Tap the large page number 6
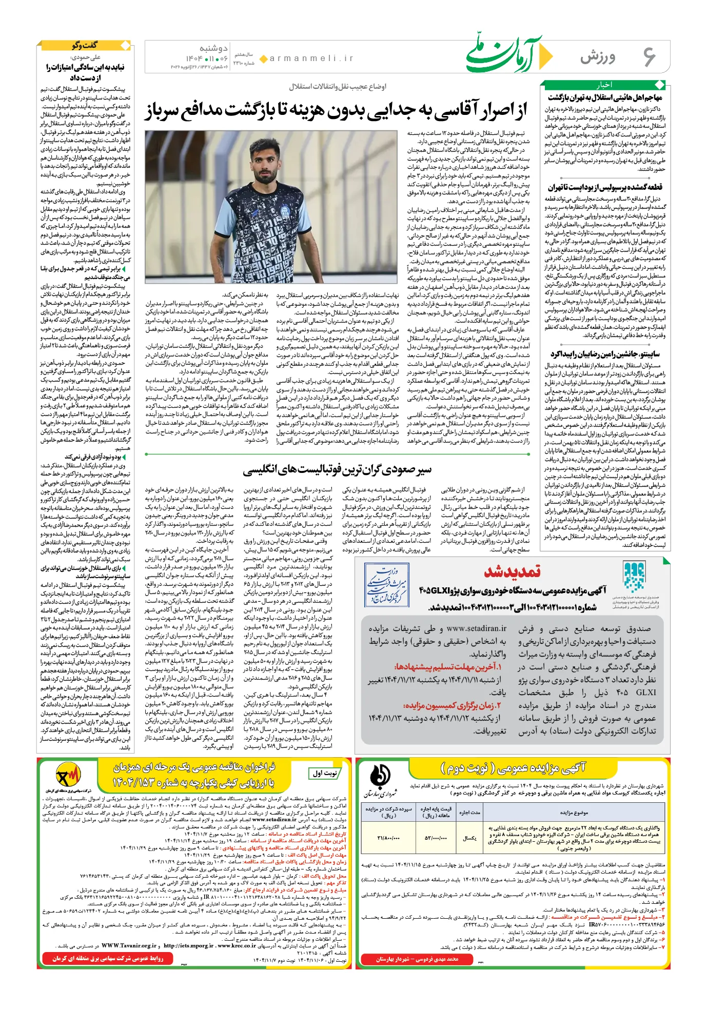pos(650,56)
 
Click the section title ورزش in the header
pos(598,56)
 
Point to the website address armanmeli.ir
pos(311,58)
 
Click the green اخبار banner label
pos(604,85)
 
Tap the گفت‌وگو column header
pos(85,46)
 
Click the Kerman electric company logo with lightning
pos(68,778)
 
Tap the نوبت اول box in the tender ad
pos(325,773)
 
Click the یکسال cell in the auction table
pos(469,838)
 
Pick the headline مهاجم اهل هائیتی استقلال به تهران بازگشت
pos(605,97)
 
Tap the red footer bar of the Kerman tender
pos(108,958)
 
